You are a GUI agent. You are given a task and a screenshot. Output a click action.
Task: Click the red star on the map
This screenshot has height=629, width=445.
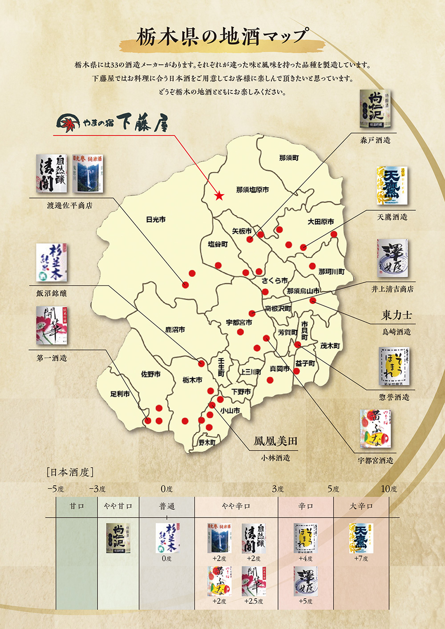click(219, 196)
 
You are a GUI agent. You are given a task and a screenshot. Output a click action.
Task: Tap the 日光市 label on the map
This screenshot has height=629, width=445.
click(156, 220)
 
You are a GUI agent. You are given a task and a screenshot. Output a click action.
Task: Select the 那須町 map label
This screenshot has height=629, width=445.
click(289, 158)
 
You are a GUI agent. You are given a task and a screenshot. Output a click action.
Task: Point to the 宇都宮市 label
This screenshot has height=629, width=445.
click(239, 322)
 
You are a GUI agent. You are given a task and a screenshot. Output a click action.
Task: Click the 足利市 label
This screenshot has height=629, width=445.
click(120, 394)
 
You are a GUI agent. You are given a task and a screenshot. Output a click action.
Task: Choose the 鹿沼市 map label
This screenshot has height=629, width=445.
click(175, 330)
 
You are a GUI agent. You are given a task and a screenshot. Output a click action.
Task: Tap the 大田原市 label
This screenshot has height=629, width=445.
click(320, 221)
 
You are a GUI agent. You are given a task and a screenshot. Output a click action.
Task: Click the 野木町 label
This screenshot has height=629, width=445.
click(207, 442)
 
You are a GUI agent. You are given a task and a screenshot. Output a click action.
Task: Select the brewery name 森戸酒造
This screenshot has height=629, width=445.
click(375, 140)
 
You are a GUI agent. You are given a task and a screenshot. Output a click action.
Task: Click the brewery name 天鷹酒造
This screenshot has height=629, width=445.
click(392, 217)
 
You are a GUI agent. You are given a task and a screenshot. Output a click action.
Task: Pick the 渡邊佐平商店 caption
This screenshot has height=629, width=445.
click(69, 206)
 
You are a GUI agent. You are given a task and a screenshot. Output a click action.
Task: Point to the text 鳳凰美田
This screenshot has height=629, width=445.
click(275, 441)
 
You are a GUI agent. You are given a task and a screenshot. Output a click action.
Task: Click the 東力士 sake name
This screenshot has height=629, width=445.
click(396, 316)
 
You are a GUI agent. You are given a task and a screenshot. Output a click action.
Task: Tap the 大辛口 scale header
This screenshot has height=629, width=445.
click(361, 506)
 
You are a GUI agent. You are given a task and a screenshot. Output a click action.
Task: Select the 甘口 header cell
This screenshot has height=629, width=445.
click(77, 506)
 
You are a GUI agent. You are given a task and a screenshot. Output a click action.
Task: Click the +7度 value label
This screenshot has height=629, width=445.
click(361, 559)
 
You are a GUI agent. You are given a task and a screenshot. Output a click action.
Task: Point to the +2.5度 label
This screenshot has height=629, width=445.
click(254, 601)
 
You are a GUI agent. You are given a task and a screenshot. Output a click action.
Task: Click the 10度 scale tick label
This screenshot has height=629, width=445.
click(388, 489)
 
